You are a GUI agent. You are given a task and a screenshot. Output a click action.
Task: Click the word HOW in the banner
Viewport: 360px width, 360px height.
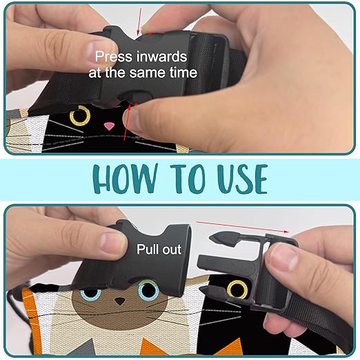pyautogui.click(x=126, y=179)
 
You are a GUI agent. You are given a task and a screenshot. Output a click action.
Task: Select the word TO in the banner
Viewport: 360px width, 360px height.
pyautogui.click(x=187, y=179)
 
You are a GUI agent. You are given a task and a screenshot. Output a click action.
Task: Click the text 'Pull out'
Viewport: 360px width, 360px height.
pyautogui.click(x=159, y=249)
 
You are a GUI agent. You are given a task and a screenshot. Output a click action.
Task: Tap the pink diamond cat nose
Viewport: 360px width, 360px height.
pyautogui.click(x=110, y=126)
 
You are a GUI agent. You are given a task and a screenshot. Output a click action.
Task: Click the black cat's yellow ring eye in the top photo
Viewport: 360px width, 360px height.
pyautogui.click(x=80, y=116)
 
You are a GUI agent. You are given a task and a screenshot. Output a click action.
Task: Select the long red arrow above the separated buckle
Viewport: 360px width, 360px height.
pyautogui.click(x=242, y=227)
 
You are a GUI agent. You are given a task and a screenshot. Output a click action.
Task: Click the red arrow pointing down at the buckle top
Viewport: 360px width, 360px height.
pyautogui.click(x=139, y=22)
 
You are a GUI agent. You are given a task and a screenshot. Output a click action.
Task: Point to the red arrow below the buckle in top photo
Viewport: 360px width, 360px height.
pyautogui.click(x=127, y=122)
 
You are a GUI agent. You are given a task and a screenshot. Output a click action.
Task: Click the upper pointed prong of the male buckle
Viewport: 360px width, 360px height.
pyautogui.click(x=226, y=239)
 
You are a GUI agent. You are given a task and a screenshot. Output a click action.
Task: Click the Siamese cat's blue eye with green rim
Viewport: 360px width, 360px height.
pyautogui.click(x=148, y=289)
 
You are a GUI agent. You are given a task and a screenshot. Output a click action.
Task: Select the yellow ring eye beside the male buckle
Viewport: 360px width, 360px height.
pyautogui.click(x=237, y=289)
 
